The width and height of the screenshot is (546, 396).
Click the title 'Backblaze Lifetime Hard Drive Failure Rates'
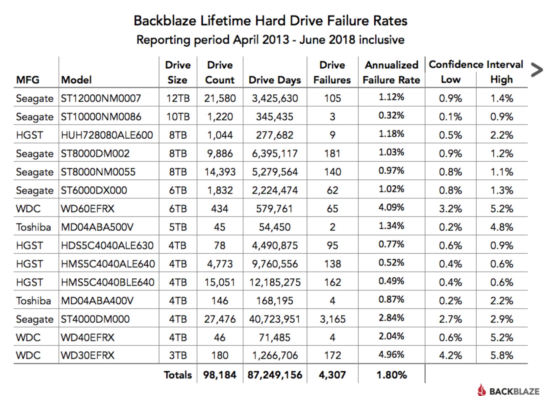[270, 21]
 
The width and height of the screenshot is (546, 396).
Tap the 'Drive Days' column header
[275, 80]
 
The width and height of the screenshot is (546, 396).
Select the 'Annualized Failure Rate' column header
[391, 72]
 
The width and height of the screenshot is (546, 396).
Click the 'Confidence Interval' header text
[476, 64]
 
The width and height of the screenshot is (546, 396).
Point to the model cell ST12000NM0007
[101, 98]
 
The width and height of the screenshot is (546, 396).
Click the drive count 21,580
[220, 98]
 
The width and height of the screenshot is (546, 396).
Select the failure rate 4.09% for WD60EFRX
[391, 207]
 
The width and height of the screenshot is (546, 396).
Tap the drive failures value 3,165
[333, 319]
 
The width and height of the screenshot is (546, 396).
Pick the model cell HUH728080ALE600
[107, 135]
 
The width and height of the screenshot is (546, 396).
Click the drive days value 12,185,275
[275, 283]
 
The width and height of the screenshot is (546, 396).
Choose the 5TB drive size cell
[178, 227]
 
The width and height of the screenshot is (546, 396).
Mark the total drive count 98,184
[220, 375]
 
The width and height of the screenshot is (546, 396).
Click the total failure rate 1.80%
[391, 375]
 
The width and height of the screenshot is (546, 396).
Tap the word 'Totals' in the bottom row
[178, 375]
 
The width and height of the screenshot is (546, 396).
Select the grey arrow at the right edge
[537, 70]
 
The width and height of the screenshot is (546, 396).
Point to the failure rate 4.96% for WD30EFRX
[391, 355]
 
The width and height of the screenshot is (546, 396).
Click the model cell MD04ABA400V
[97, 301]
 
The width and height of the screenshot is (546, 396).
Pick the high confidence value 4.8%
[502, 227]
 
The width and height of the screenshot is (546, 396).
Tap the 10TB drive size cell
[178, 117]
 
